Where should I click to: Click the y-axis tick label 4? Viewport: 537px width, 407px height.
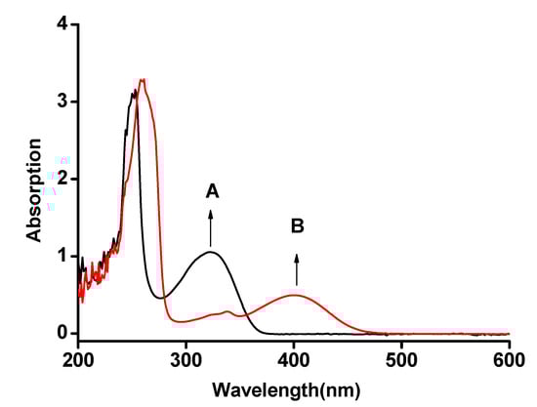pos(62,24)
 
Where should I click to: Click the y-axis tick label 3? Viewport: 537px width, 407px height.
pos(62,102)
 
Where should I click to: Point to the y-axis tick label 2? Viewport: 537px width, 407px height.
pos(62,179)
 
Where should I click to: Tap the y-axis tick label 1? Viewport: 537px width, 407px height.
pos(62,256)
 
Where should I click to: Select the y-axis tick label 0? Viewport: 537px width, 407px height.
pos(62,333)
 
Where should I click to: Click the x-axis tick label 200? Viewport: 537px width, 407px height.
pos(79,358)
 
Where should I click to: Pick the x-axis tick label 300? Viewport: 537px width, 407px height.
pos(186,358)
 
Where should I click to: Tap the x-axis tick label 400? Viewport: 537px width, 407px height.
pos(294,358)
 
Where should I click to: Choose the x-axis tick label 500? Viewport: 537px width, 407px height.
pos(401,358)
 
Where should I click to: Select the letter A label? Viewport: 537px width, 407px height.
pos(211,192)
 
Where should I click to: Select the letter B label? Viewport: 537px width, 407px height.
pos(297,226)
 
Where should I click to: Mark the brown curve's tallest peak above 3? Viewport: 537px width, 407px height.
pos(144,80)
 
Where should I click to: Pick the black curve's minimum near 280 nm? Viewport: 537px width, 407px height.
pos(164,297)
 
